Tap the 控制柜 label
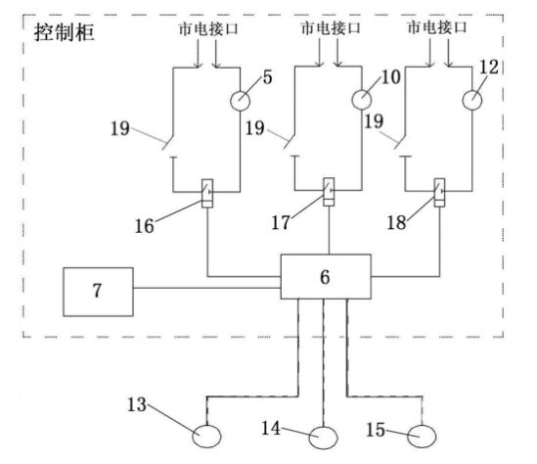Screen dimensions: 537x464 tap(64, 33)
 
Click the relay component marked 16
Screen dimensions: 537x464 tap(207, 193)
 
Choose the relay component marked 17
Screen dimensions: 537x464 tap(329, 192)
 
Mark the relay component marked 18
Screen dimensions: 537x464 tap(440, 193)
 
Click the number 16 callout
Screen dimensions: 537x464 tap(144, 226)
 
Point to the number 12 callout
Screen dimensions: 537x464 tap(489, 67)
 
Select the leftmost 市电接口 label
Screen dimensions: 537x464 tap(208, 28)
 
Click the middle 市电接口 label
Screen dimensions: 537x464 tap(331, 27)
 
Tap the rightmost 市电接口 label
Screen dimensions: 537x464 tap(437, 26)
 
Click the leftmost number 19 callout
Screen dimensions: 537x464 tap(120, 128)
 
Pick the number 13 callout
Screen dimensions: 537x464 tap(137, 404)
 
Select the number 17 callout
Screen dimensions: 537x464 tap(281, 222)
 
